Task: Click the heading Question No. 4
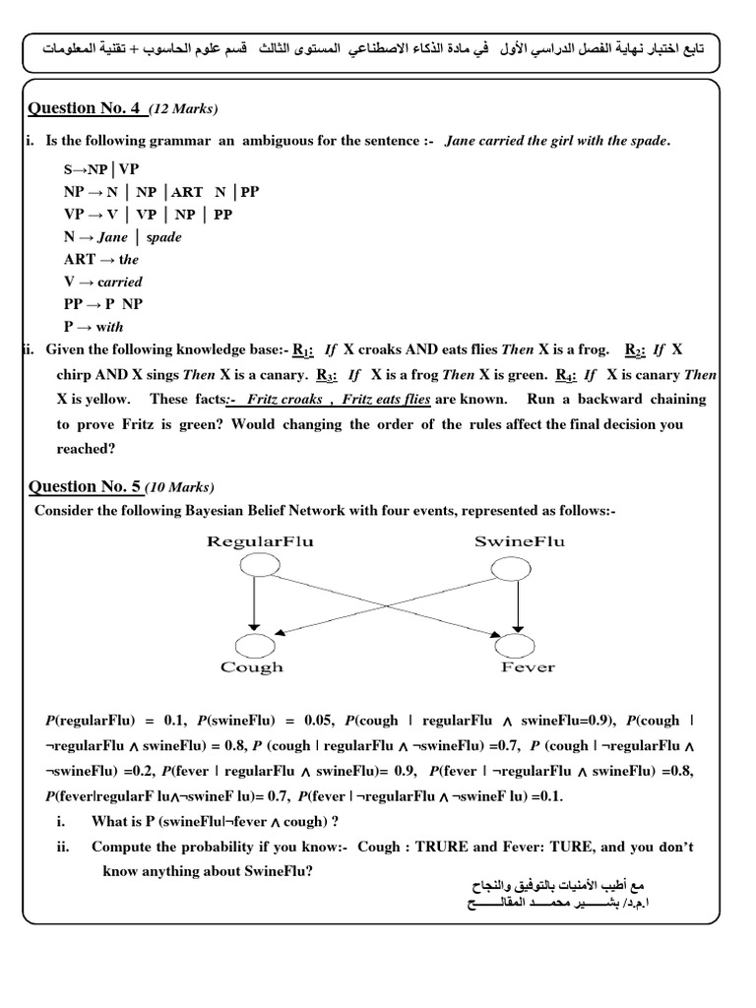(x=86, y=107)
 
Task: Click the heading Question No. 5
(x=86, y=486)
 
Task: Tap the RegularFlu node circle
(x=254, y=565)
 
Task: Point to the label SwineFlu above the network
(x=520, y=542)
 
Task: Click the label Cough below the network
(x=252, y=667)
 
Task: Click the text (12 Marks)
(x=183, y=108)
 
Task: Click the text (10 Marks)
(x=179, y=487)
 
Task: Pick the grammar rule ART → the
(x=101, y=259)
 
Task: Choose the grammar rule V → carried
(x=102, y=282)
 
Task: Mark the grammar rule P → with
(x=94, y=327)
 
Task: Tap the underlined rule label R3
(x=325, y=375)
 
